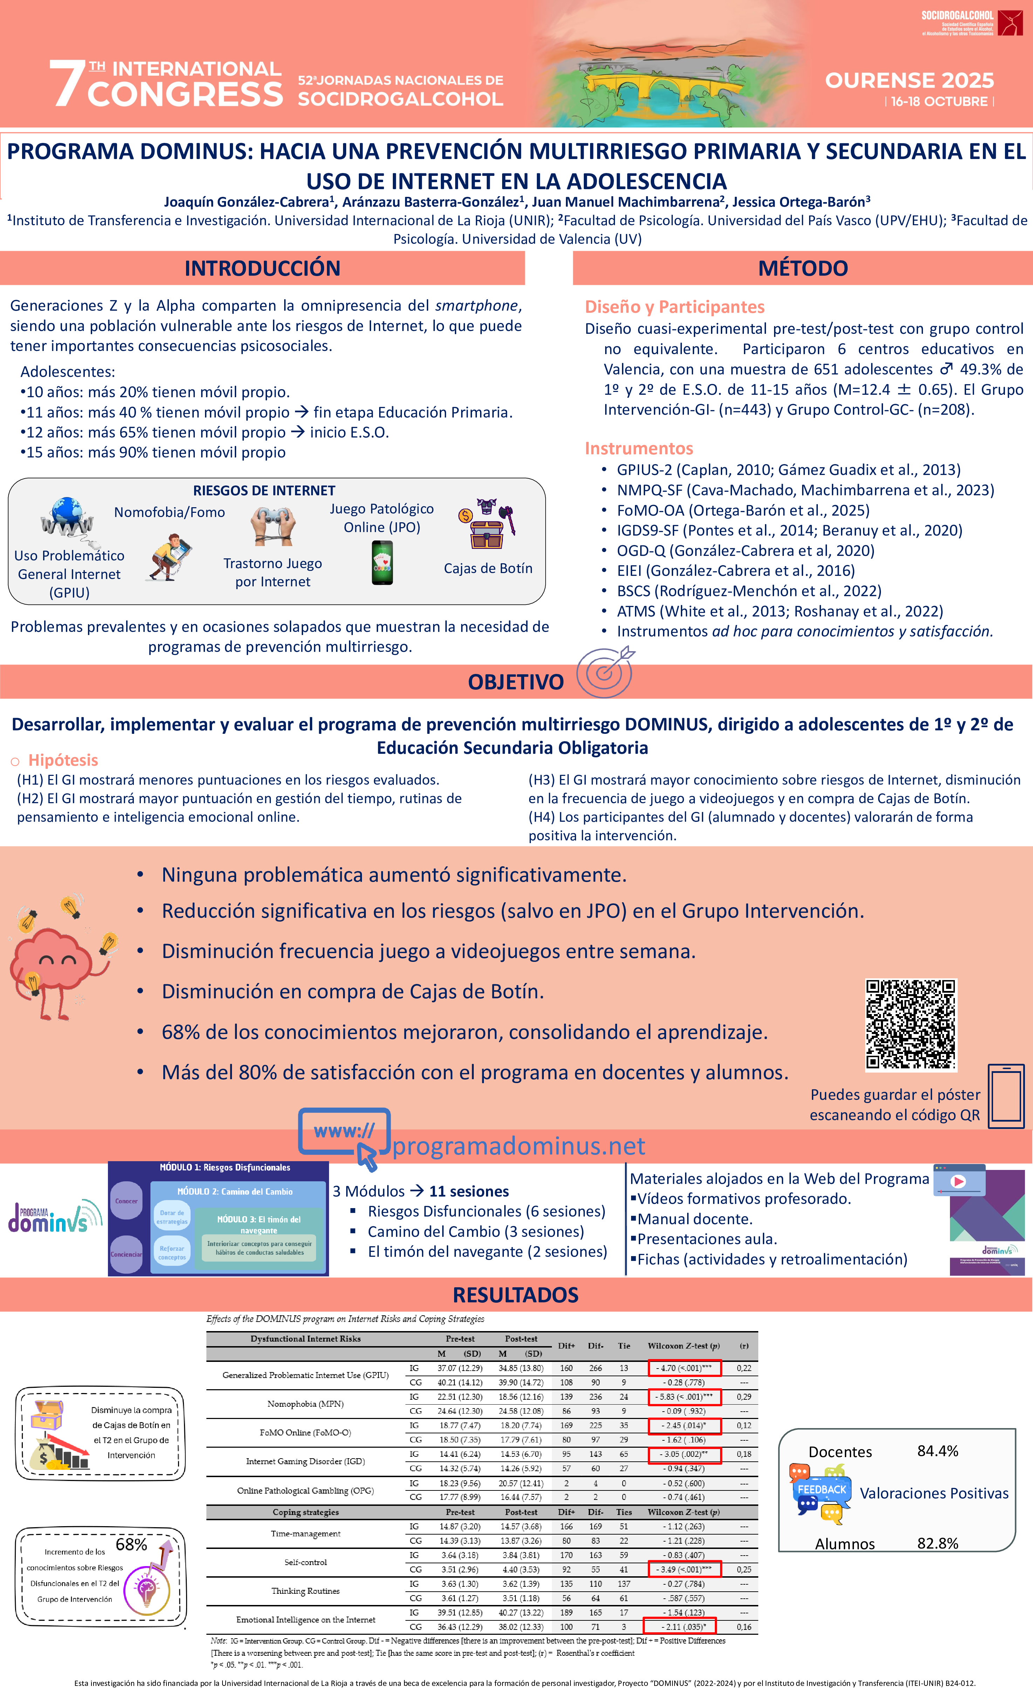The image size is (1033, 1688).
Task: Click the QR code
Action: click(910, 1024)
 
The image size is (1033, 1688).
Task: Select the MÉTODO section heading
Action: click(803, 268)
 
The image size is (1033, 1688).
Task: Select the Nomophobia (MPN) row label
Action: click(305, 1404)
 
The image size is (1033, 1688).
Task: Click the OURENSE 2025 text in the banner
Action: click(909, 80)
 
